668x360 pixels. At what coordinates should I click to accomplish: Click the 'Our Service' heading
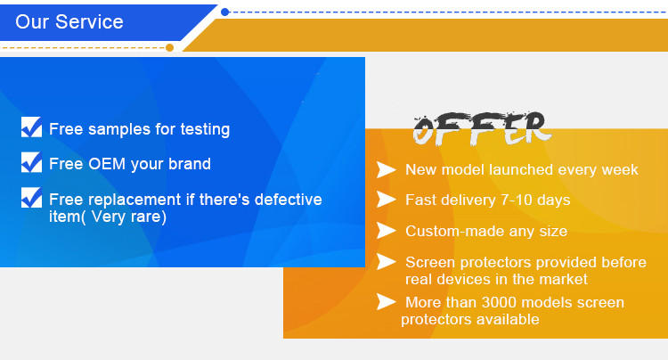coord(69,21)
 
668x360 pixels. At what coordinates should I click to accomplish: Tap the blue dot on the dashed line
coord(225,12)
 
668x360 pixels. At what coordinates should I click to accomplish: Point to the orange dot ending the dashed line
coord(169,47)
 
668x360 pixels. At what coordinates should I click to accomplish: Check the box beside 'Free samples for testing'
coord(31,127)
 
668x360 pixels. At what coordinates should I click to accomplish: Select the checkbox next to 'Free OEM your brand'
coord(31,162)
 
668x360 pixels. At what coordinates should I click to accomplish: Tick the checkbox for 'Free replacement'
coord(31,198)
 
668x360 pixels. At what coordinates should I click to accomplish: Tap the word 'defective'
coord(288,200)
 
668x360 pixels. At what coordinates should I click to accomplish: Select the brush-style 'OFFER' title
coord(481,128)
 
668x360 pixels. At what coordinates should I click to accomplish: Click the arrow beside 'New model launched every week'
coord(386,169)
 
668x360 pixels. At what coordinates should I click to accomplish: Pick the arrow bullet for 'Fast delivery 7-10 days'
coord(386,200)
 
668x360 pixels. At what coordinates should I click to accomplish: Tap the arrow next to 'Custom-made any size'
coord(386,231)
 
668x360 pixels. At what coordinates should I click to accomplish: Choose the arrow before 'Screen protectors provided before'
coord(386,262)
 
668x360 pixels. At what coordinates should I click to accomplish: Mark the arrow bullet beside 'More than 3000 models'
coord(386,301)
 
